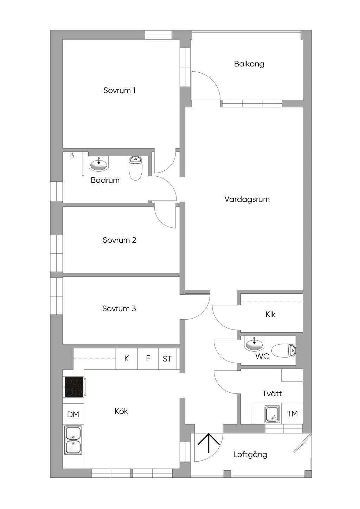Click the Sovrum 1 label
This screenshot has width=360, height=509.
pos(120,90)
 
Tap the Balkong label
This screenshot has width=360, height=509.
pos(249,64)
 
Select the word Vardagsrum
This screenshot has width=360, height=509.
pos(247,199)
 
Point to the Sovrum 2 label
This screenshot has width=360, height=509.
pos(120,240)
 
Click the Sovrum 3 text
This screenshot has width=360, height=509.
pos(119,308)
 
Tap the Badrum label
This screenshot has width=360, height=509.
pos(105,180)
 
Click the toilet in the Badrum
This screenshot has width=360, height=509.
pos(136,168)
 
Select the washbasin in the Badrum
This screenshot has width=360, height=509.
pos(99,164)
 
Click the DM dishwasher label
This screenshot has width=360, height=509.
pos(73,415)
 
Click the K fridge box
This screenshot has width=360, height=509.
pos(127,358)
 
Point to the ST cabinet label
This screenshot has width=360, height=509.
pos(167,359)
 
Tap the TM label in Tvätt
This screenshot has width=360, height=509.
pos(292,413)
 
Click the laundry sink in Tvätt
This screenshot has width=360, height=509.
pos(273,414)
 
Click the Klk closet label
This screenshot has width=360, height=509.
pos(270,314)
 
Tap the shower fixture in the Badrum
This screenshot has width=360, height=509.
pos(72,155)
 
